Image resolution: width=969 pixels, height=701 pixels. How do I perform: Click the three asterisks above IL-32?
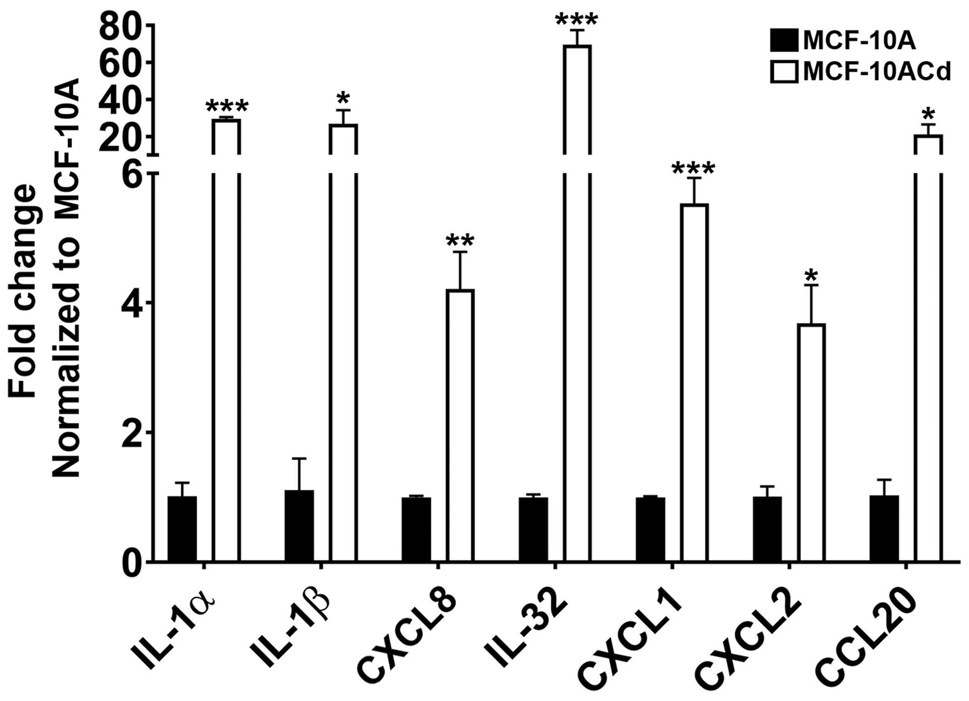(x=576, y=20)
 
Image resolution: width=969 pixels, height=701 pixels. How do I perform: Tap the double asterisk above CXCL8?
(x=460, y=240)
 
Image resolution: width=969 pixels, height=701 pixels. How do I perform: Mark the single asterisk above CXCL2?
(x=811, y=276)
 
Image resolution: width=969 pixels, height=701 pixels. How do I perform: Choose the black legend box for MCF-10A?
(x=784, y=40)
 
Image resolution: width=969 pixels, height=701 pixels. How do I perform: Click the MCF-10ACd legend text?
(x=877, y=72)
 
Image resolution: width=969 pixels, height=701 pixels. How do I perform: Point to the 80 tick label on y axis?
(x=118, y=26)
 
